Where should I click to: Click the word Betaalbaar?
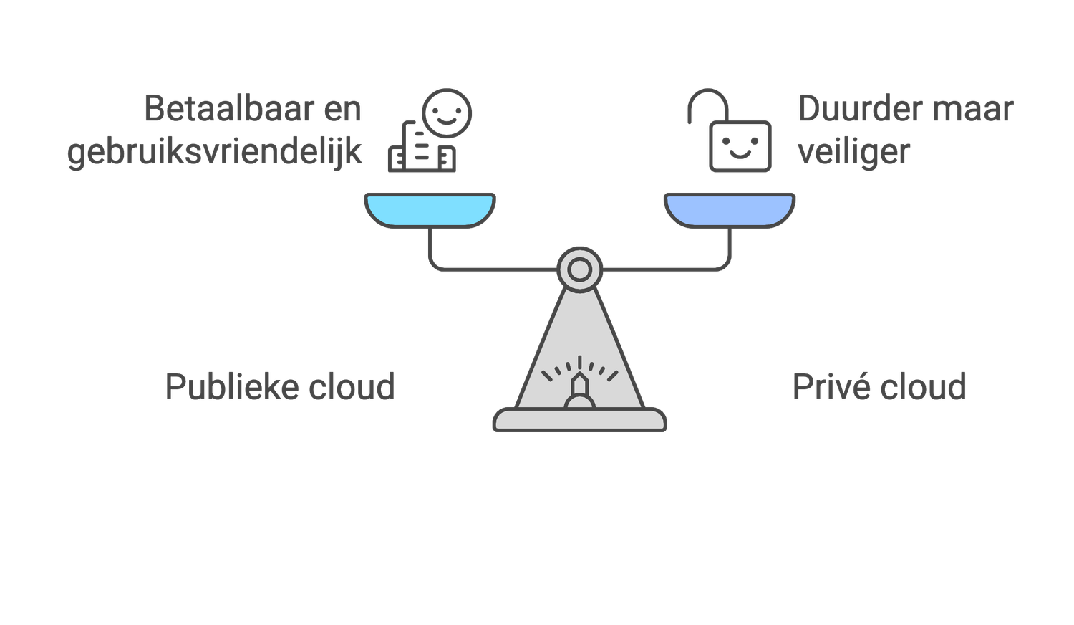(x=229, y=109)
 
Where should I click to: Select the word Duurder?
(x=861, y=109)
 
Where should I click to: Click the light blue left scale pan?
(x=430, y=210)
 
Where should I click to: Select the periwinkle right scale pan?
(x=730, y=210)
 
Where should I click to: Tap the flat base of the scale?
(x=580, y=420)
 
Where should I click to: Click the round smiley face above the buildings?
(x=447, y=113)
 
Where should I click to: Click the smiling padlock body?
(x=740, y=146)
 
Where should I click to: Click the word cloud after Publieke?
(x=352, y=387)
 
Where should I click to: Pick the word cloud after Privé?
(x=924, y=387)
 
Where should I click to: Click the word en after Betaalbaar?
(x=342, y=110)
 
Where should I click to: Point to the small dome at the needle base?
(x=580, y=402)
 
